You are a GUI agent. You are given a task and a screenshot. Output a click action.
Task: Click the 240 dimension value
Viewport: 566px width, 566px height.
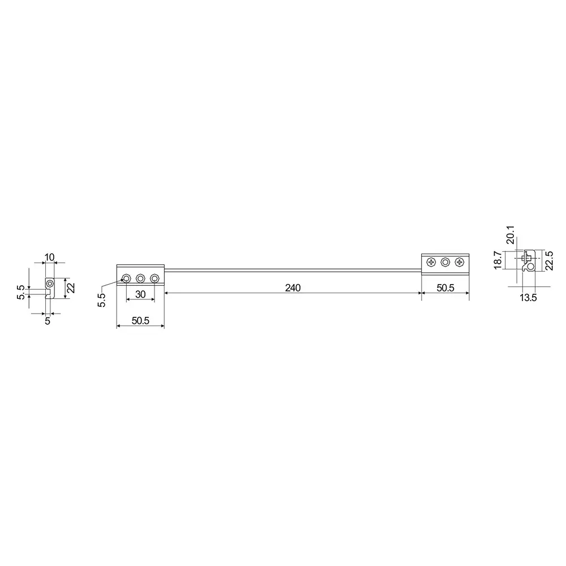[x=293, y=288]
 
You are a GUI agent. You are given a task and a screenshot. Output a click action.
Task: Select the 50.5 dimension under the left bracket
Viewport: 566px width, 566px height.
[x=140, y=320]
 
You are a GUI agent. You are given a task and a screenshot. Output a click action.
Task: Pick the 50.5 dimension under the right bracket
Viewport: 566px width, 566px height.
[x=445, y=288]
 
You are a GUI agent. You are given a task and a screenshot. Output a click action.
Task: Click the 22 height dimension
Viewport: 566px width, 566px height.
[x=71, y=288]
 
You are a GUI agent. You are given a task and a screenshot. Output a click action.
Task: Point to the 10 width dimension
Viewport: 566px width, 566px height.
[x=49, y=257]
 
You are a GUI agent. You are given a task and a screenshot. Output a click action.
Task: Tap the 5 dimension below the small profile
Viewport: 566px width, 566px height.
[x=48, y=320]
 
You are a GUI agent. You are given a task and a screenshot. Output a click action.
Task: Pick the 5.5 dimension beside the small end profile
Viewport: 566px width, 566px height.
[x=22, y=292]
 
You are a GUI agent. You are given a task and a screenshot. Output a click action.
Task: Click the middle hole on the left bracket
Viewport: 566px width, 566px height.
[x=140, y=278]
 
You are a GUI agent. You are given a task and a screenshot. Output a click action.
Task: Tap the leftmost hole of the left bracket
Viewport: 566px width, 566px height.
[x=126, y=278]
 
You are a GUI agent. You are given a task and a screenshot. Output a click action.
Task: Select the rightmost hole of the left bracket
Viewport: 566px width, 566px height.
[x=153, y=278]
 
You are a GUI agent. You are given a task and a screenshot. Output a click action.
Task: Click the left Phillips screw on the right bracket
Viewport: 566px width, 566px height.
[x=432, y=262]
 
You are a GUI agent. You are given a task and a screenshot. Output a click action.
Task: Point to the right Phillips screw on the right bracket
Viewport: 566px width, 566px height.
[x=459, y=262]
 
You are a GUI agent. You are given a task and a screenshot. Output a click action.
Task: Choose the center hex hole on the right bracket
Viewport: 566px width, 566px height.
[x=445, y=262]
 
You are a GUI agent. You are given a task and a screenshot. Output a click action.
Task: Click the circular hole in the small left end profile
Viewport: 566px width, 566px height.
[x=50, y=282]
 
